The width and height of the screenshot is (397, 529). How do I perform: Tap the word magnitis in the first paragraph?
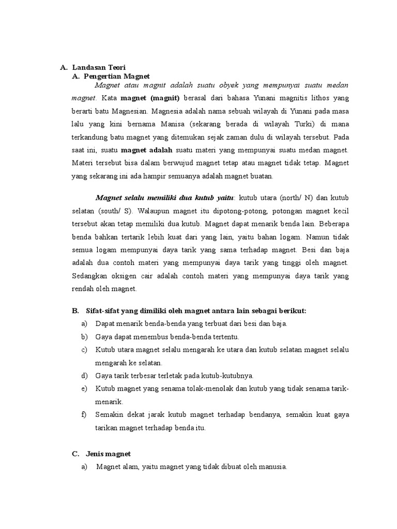(x=283, y=98)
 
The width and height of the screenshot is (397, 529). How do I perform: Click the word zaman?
(x=243, y=138)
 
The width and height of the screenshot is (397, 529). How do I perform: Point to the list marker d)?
(x=84, y=376)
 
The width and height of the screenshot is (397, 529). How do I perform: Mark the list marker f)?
(x=84, y=415)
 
